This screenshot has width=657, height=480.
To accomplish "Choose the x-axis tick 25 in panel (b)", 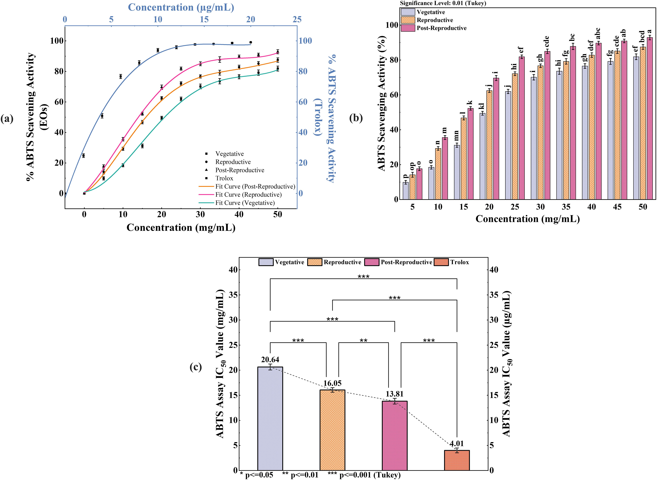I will coord(515,207).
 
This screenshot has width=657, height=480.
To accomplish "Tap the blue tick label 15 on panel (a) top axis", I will coord(204,19).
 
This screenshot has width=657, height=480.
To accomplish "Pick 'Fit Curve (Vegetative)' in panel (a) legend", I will coord(245,203).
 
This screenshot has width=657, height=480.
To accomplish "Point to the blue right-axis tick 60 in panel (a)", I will coord(306,102).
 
